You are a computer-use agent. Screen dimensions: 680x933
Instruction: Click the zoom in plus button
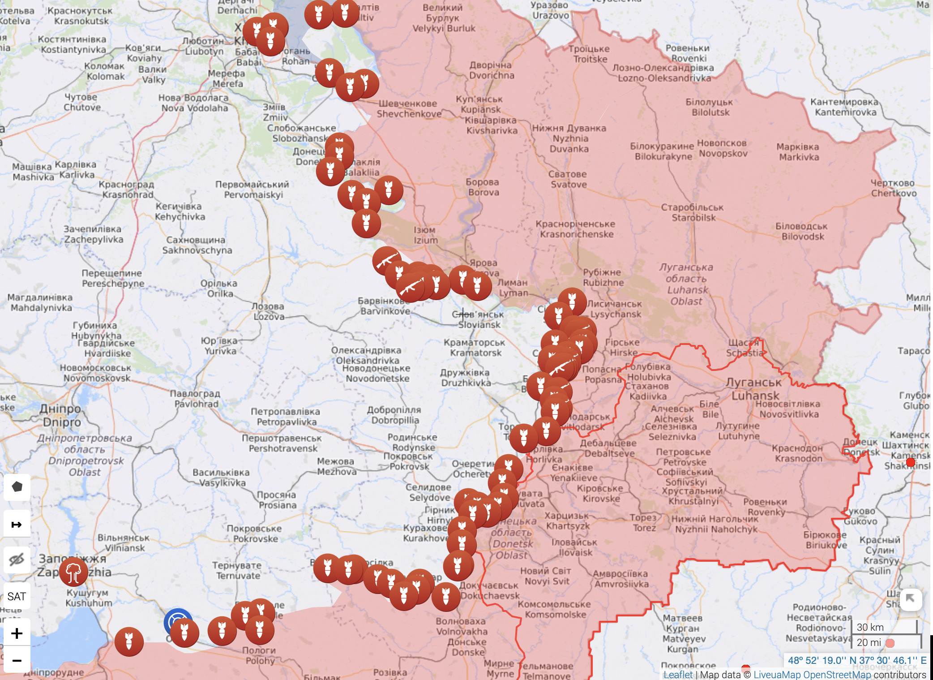[17, 633]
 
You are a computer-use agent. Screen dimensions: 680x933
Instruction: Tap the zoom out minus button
[17, 660]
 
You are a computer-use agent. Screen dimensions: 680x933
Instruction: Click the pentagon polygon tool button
[17, 487]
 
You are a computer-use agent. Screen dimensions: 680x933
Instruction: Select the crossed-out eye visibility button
[17, 559]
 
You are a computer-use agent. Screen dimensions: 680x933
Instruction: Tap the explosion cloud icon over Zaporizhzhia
[73, 572]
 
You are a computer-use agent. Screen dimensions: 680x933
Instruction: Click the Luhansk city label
[754, 389]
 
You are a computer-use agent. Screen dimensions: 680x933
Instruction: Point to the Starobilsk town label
[693, 212]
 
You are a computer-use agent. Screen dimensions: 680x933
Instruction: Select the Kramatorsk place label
[475, 348]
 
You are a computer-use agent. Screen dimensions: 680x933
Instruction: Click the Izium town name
[425, 235]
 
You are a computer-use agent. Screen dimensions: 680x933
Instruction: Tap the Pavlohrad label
[196, 399]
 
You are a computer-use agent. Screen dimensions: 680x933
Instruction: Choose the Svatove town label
[568, 179]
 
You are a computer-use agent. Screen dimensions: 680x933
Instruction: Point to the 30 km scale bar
[884, 627]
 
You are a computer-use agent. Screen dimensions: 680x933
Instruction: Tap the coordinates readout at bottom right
[857, 660]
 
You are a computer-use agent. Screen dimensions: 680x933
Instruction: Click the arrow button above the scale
[910, 598]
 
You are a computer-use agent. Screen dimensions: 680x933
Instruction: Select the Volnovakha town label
[461, 626]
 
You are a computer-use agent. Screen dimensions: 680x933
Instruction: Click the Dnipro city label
[61, 415]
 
